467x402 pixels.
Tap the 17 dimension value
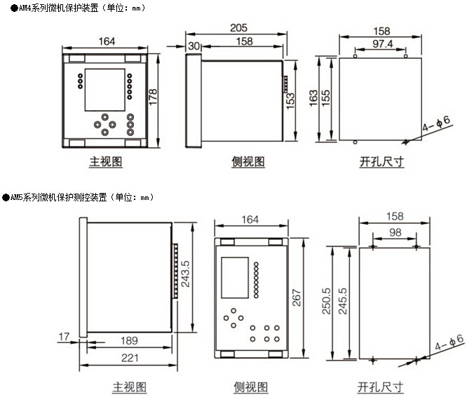pyautogui.click(x=62, y=337)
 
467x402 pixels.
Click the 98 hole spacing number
pyautogui.click(x=395, y=233)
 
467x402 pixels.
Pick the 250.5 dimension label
pyautogui.click(x=327, y=302)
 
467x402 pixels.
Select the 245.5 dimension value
pyautogui.click(x=342, y=302)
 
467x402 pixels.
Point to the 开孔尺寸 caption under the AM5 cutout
pyautogui.click(x=381, y=387)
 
